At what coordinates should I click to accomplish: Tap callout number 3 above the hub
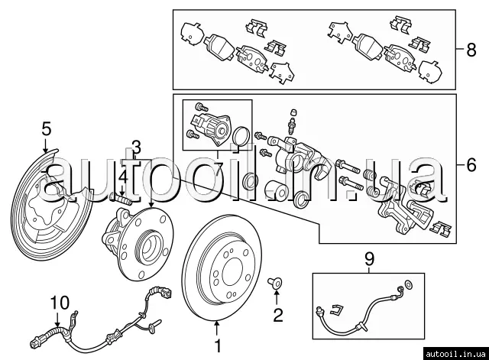pos(136,145)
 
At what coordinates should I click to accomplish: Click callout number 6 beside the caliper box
pos(471,164)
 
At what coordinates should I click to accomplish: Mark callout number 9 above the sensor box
pos(369,260)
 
